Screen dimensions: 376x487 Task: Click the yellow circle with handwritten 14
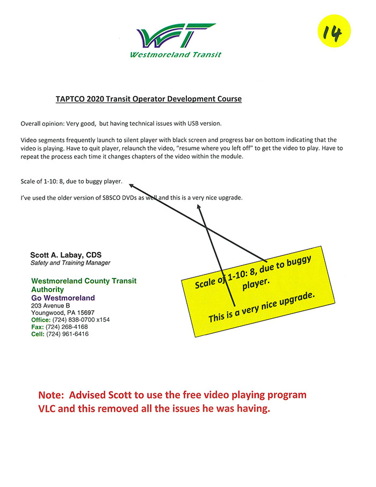pos(334,31)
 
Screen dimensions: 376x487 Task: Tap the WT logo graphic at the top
pos(176,35)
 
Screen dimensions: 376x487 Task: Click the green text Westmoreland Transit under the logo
pos(176,55)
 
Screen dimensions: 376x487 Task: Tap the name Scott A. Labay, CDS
pos(66,255)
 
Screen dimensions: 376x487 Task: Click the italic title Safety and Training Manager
pos(70,263)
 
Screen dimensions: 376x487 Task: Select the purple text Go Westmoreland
pos(63,298)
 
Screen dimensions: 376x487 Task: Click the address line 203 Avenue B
pos(50,306)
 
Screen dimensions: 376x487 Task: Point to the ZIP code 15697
pos(86,312)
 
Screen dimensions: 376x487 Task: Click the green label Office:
pos(41,320)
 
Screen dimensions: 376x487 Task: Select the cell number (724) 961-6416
pos(67,334)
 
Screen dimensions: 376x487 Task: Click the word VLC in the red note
pos(47,409)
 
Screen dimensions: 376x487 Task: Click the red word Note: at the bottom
pos(51,395)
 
